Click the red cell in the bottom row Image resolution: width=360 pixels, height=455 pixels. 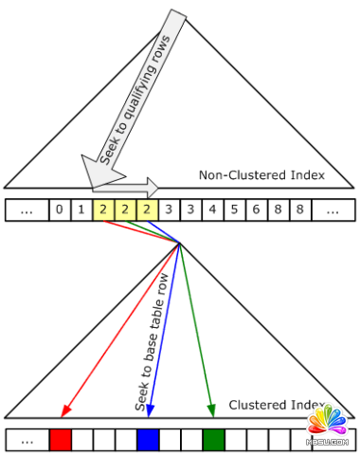pyautogui.click(x=61, y=440)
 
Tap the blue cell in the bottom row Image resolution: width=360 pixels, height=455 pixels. pyautogui.click(x=148, y=440)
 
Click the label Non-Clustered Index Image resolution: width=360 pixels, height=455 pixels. pyautogui.click(x=261, y=175)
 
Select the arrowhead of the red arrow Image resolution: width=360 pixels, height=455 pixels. pyautogui.click(x=64, y=410)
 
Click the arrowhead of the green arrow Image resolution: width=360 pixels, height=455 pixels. pyautogui.click(x=210, y=410)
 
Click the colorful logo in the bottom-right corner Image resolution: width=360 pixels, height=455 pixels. pyautogui.click(x=329, y=427)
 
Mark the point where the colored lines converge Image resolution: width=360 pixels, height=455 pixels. pyautogui.click(x=179, y=244)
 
